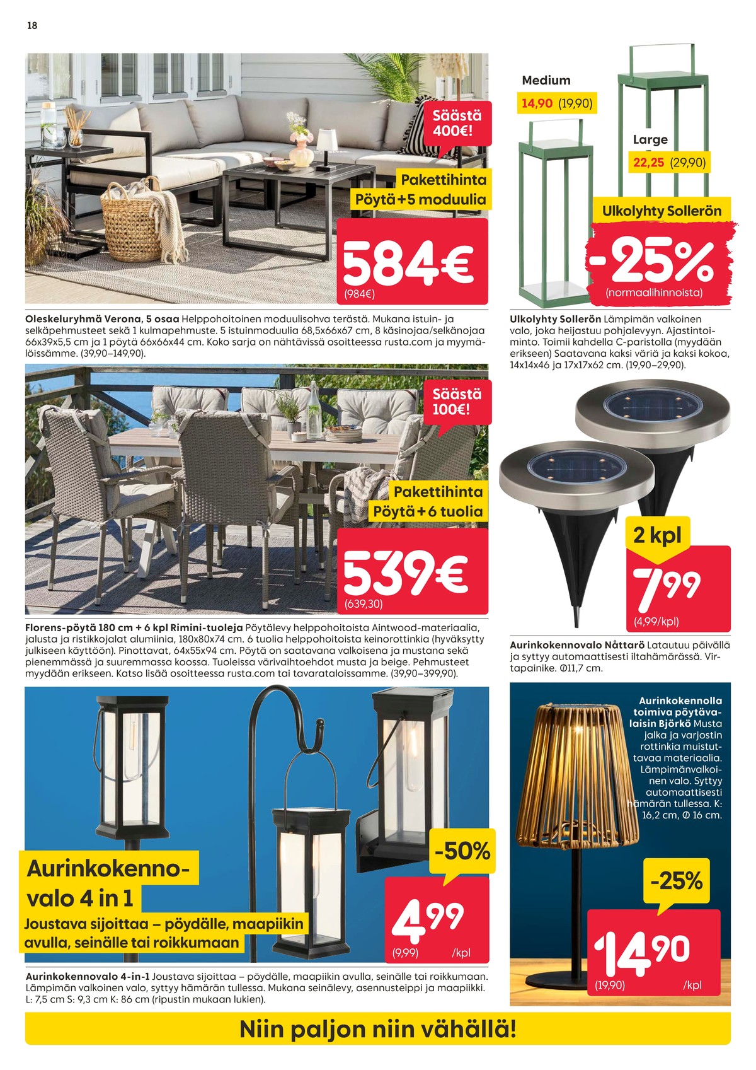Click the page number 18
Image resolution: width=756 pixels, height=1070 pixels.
coord(32,26)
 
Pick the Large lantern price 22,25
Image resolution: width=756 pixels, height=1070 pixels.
coord(649,163)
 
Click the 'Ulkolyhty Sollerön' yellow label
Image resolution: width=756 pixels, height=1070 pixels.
coord(661,211)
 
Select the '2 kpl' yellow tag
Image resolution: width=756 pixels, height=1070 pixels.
coord(657,535)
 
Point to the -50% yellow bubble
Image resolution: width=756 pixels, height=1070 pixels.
coord(462,851)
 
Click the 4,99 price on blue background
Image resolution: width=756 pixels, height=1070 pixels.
coord(428,918)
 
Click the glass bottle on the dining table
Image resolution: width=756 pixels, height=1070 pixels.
coord(313,410)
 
